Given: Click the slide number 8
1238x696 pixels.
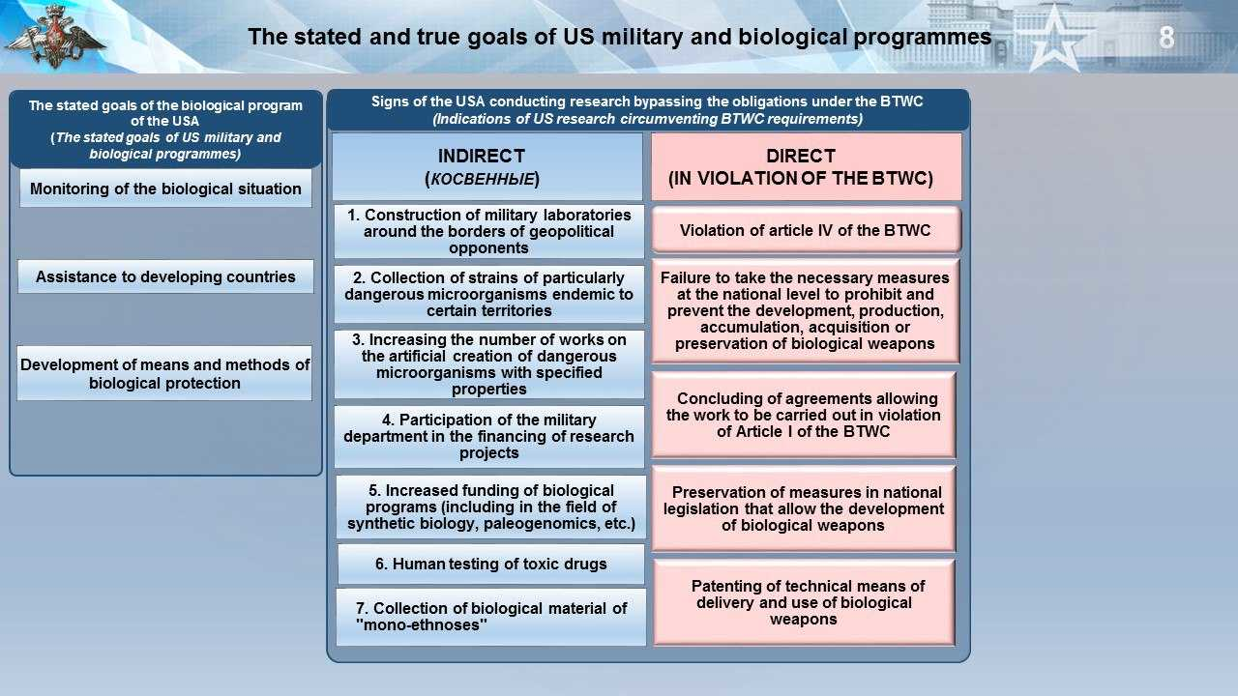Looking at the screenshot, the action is pyautogui.click(x=1166, y=38).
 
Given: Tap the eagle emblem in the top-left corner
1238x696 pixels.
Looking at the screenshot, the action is pyautogui.click(x=55, y=37).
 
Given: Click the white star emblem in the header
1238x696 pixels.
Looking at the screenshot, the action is pyautogui.click(x=1054, y=39).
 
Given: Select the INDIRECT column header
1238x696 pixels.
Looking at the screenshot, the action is pyautogui.click(x=487, y=166).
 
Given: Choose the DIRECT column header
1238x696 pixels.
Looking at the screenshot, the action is pyautogui.click(x=807, y=166).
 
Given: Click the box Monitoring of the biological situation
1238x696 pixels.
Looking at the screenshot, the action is pyautogui.click(x=165, y=188).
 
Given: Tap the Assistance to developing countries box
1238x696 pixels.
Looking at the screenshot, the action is pyautogui.click(x=165, y=276).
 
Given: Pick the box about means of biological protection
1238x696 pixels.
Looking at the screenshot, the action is pyautogui.click(x=164, y=373).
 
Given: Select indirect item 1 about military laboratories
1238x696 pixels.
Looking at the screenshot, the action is pyautogui.click(x=489, y=231).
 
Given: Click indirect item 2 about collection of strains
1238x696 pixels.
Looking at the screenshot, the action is pyautogui.click(x=489, y=294).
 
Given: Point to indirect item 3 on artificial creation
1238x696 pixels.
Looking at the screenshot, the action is pyautogui.click(x=489, y=364).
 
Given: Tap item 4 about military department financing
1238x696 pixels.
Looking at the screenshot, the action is pyautogui.click(x=489, y=436).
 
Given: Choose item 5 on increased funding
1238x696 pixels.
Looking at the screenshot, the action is pyautogui.click(x=490, y=507).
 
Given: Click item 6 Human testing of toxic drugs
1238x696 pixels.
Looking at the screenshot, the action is pyautogui.click(x=490, y=564).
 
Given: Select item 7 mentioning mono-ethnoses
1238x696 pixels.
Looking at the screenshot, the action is pyautogui.click(x=490, y=617).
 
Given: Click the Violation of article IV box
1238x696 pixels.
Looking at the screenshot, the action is pyautogui.click(x=806, y=230).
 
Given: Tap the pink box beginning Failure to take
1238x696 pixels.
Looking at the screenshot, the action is pyautogui.click(x=806, y=311).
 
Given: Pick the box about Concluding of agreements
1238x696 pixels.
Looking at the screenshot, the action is pyautogui.click(x=804, y=415).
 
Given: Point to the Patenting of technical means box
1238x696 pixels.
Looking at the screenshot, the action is pyautogui.click(x=804, y=602).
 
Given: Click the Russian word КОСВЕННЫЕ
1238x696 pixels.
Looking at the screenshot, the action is pyautogui.click(x=482, y=179).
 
